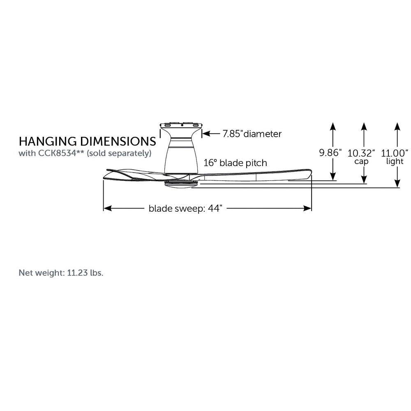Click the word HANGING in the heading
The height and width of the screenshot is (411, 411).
point(48,141)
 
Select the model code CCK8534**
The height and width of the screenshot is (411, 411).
point(61,153)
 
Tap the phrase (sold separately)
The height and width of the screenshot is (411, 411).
point(119,153)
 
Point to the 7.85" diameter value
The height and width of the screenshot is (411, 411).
point(232,134)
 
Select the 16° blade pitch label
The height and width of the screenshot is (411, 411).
point(236,163)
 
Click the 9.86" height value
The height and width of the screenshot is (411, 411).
point(330,152)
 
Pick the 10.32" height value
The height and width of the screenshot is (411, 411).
point(361,153)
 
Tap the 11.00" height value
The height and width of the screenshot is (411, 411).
point(395,153)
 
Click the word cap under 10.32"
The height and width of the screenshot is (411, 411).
point(361,162)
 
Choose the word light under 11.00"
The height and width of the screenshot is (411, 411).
point(395,161)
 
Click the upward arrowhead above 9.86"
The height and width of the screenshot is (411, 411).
point(333,126)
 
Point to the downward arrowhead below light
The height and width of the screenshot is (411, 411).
point(397,183)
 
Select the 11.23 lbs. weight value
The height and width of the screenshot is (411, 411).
point(85,273)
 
